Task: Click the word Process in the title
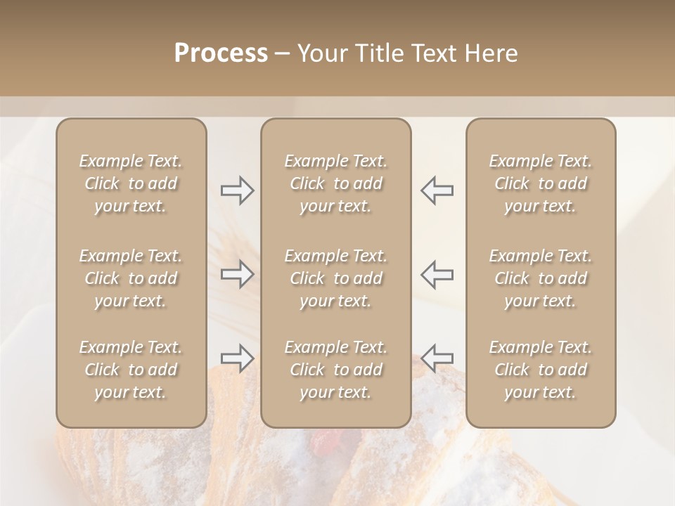pos(221,53)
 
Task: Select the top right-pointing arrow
pos(237,190)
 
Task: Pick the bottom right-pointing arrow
pos(237,358)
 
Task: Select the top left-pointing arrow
pos(437,190)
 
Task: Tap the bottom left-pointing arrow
pos(437,358)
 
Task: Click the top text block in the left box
pos(131,183)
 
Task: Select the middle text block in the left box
pos(131,278)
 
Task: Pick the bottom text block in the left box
pos(131,370)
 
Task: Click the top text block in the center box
pos(336,183)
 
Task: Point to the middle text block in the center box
pos(336,278)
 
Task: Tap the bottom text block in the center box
pos(336,370)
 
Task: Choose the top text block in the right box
pos(541,183)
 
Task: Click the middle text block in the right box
pos(541,278)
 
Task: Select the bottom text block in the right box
pos(541,370)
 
